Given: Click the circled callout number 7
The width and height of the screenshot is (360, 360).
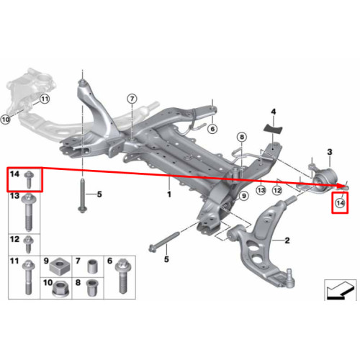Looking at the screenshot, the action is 132,99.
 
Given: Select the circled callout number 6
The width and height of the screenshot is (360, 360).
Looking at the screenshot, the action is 212,129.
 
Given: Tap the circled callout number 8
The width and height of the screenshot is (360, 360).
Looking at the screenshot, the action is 242,137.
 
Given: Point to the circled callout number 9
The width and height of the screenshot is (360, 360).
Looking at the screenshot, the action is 243,196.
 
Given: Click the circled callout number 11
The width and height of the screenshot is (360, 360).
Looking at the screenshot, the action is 45,99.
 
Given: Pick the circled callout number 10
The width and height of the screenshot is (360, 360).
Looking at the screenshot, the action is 5,119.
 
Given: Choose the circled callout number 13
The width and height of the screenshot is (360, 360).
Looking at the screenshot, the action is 261,190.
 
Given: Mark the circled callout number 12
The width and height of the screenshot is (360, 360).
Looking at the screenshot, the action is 277,190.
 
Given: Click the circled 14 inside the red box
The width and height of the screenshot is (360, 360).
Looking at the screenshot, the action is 340,203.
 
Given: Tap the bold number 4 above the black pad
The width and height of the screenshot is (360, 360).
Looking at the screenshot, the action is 274,112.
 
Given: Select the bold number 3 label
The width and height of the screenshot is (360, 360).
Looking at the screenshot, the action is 330,152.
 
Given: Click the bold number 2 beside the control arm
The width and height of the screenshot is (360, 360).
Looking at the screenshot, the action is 287,240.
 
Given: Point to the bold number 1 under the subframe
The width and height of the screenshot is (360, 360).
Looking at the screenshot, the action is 169,194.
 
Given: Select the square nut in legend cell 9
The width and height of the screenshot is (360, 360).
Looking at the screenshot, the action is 58,266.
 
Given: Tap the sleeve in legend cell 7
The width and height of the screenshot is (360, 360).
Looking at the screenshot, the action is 92,266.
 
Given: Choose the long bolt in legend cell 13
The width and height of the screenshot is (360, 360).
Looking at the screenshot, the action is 29,212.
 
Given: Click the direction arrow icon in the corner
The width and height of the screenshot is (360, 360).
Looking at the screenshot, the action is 340,290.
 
